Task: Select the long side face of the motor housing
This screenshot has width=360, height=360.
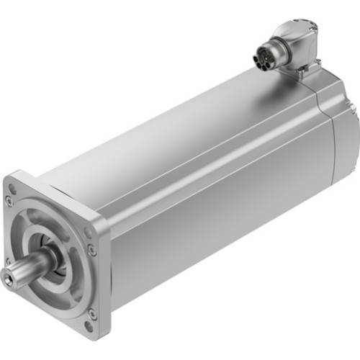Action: (x=216, y=216)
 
